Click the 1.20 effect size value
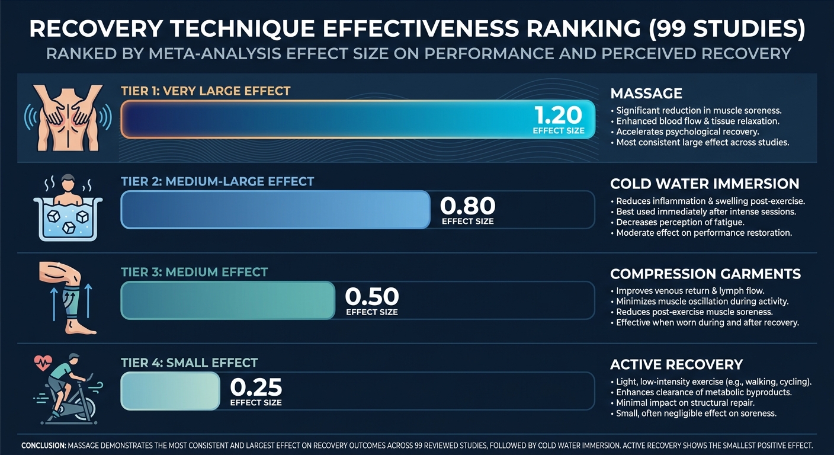(559, 115)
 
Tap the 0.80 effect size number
(467, 206)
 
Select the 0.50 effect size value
(371, 296)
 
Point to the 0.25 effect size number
(255, 387)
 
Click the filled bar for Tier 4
(170, 391)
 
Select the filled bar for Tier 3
(227, 300)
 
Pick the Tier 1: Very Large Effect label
(206, 91)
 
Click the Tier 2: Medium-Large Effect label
(217, 181)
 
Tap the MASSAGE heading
(646, 94)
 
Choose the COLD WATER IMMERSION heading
(704, 184)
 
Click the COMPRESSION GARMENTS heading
(705, 274)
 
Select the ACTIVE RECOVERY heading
(676, 364)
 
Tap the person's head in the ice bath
(69, 181)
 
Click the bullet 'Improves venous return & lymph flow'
(690, 291)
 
